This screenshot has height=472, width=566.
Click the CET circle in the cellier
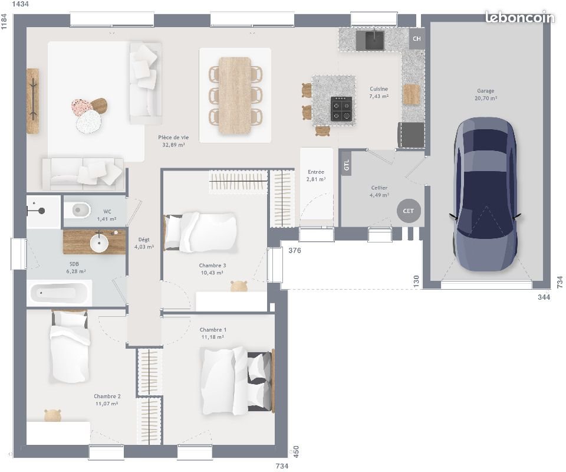tap(409, 211)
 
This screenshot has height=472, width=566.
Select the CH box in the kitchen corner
tap(417, 39)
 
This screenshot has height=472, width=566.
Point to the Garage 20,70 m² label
tap(486, 95)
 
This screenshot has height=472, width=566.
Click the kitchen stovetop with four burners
tap(341, 108)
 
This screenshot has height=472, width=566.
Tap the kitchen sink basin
tap(374, 40)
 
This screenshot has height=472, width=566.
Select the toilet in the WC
tap(78, 209)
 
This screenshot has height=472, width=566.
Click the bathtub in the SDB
tap(59, 293)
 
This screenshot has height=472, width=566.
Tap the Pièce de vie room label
tap(173, 140)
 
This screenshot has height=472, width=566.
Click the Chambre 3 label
tap(212, 269)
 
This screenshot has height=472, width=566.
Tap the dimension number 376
tap(295, 251)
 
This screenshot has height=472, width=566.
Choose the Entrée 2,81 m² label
tap(316, 175)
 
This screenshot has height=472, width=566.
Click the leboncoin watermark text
tap(519, 18)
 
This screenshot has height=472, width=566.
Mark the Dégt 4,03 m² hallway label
tap(144, 243)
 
